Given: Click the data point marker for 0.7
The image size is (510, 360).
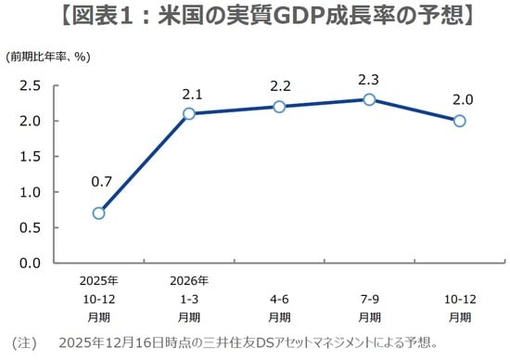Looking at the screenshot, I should [99, 212].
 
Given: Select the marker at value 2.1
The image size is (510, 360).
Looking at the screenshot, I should [189, 113].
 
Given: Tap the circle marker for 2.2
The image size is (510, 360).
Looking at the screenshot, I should [280, 107].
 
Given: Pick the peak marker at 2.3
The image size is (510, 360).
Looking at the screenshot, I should [370, 99].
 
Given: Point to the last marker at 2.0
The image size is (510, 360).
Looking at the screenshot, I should [460, 121].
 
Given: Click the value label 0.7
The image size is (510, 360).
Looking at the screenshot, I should [99, 184].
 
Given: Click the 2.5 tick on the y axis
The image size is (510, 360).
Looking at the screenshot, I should [31, 85].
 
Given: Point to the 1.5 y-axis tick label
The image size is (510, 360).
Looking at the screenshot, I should [31, 157].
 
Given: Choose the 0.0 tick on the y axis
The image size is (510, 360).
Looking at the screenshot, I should [31, 263].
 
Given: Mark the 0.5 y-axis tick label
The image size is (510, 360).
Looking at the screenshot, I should [31, 227].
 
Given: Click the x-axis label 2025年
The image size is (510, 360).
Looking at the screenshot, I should [99, 280].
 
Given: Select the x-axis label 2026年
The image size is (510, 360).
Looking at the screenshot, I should [189, 280].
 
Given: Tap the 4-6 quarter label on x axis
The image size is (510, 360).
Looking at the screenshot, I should [280, 301].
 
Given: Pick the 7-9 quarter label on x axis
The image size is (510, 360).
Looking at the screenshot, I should [370, 301].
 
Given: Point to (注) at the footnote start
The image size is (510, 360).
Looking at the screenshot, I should [23, 343].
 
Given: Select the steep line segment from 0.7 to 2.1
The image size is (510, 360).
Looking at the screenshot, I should [144, 163].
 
